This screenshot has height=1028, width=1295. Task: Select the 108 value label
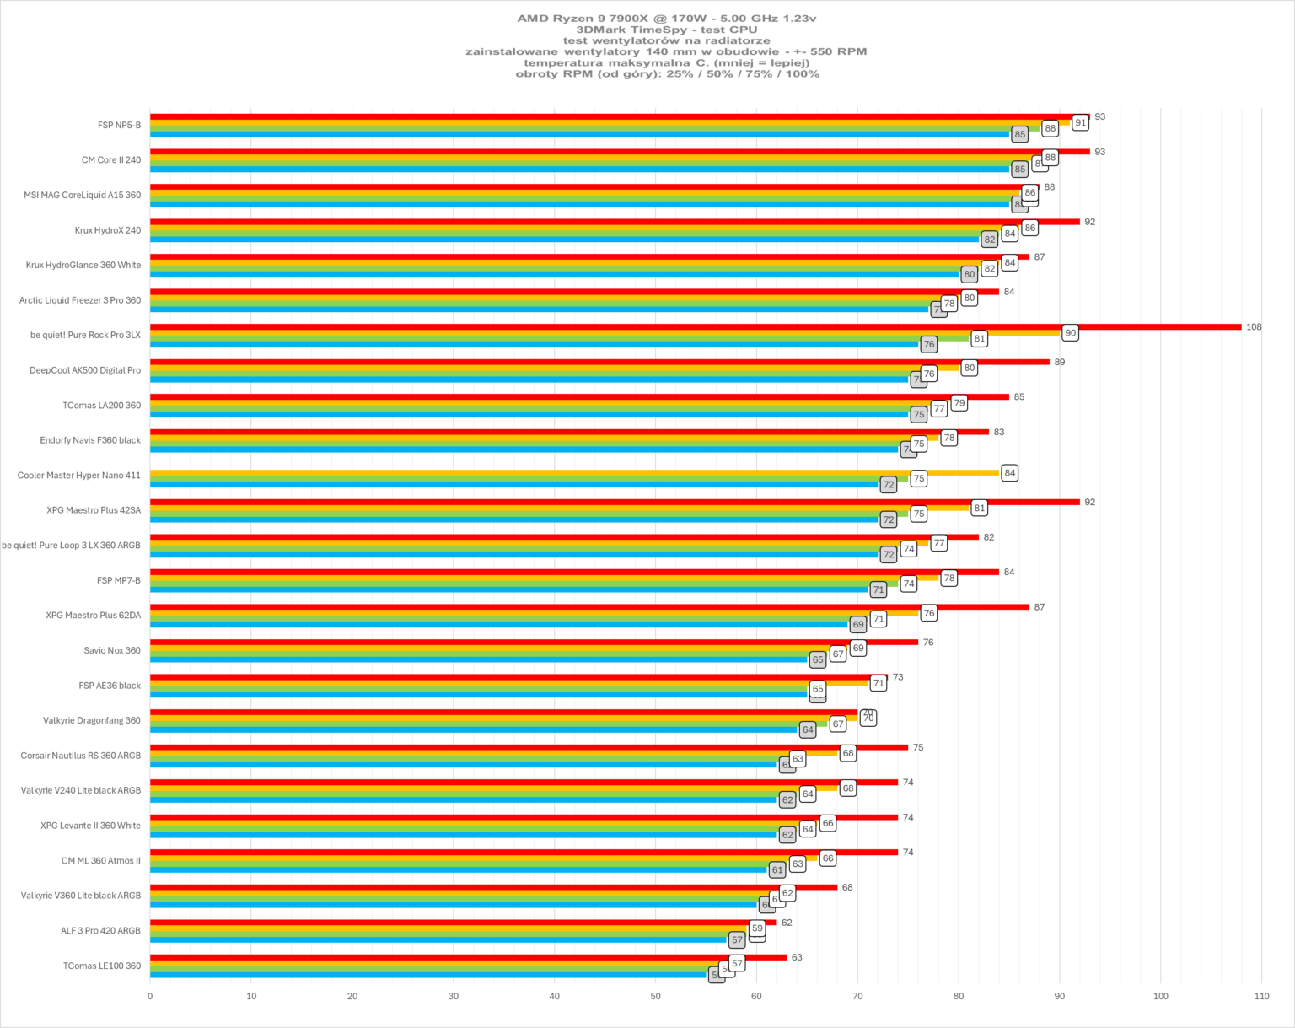[x=1254, y=327]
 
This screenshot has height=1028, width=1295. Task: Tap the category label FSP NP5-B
[x=119, y=126]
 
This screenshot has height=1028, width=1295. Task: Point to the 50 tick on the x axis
[x=656, y=996]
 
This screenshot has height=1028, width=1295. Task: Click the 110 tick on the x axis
[x=1261, y=996]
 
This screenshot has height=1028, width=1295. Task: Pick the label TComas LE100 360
[x=102, y=966]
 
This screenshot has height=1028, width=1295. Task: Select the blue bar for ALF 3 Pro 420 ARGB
[x=438, y=939]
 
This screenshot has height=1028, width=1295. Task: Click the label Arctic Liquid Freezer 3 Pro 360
[x=80, y=300]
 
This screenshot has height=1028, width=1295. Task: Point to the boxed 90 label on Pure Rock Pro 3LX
[x=1070, y=333]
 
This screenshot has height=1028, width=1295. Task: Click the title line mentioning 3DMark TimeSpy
[x=666, y=30]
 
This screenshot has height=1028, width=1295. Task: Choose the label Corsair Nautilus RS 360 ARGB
[x=81, y=756]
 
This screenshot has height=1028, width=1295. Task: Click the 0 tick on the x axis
[x=150, y=996]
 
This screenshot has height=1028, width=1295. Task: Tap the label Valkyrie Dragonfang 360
[x=92, y=721]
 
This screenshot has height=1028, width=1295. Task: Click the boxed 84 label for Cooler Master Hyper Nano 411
[x=1009, y=473]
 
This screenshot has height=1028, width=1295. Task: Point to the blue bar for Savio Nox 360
[x=479, y=659]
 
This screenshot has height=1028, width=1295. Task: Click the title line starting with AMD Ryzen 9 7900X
[x=666, y=18]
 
